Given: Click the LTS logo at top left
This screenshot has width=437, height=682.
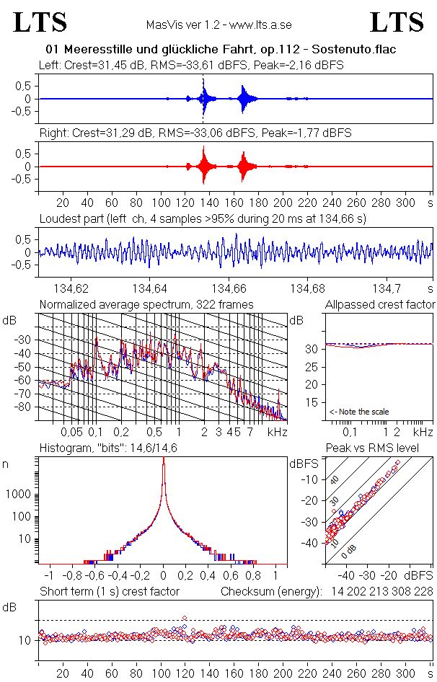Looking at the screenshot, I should pyautogui.click(x=40, y=22).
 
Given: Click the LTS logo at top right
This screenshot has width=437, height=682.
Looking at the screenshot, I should pyautogui.click(x=397, y=22).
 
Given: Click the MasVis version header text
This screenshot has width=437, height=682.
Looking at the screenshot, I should pyautogui.click(x=218, y=25).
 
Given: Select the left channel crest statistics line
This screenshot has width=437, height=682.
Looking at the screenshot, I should pyautogui.click(x=191, y=65).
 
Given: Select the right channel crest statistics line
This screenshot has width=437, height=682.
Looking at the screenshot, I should pyautogui.click(x=195, y=133).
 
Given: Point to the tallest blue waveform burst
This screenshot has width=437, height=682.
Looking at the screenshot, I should pyautogui.click(x=204, y=98).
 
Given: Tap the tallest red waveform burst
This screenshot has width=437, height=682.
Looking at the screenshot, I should pyautogui.click(x=204, y=167).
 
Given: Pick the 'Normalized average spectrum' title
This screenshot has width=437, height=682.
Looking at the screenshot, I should pyautogui.click(x=146, y=304).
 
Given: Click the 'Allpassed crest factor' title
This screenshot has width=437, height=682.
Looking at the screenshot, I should pyautogui.click(x=380, y=304).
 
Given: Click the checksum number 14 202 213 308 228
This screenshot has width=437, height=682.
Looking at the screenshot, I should pyautogui.click(x=382, y=591).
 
